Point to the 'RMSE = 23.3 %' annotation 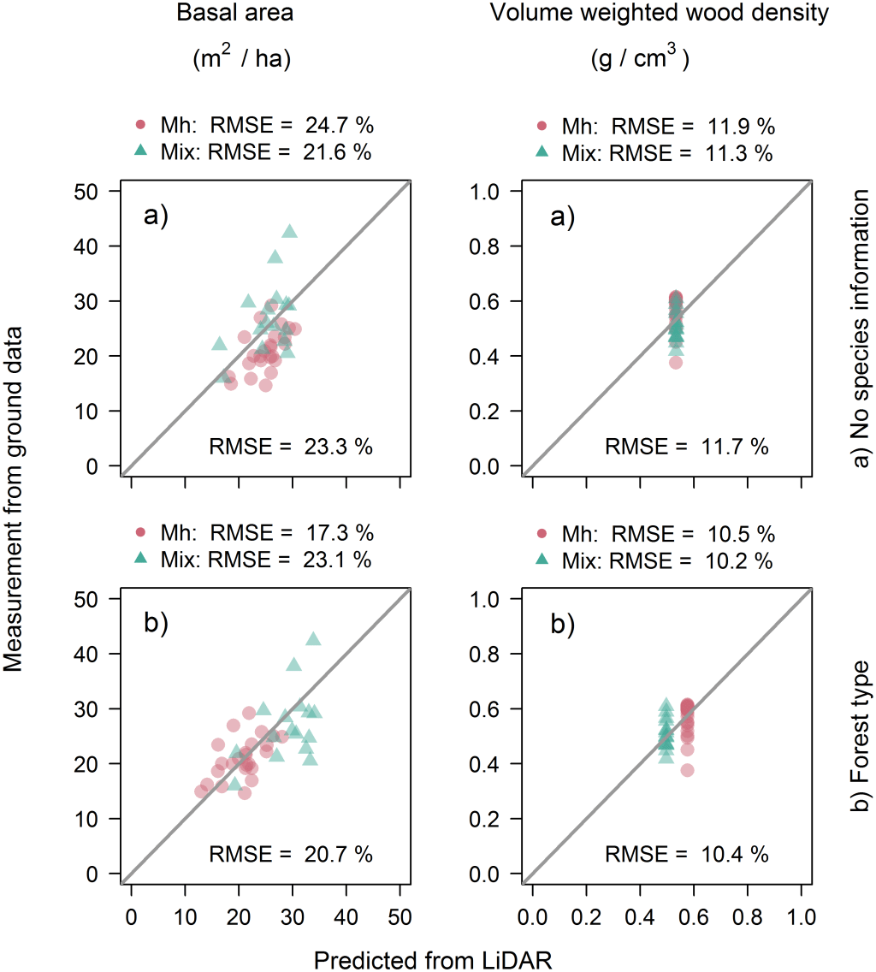[x=291, y=446]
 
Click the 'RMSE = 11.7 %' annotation [x=687, y=446]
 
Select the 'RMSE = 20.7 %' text [x=291, y=853]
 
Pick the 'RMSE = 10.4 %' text [x=687, y=853]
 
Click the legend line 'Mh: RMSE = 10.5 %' [x=654, y=534]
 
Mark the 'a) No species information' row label [x=860, y=329]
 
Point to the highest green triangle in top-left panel [x=289, y=231]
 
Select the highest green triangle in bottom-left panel [x=313, y=638]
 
